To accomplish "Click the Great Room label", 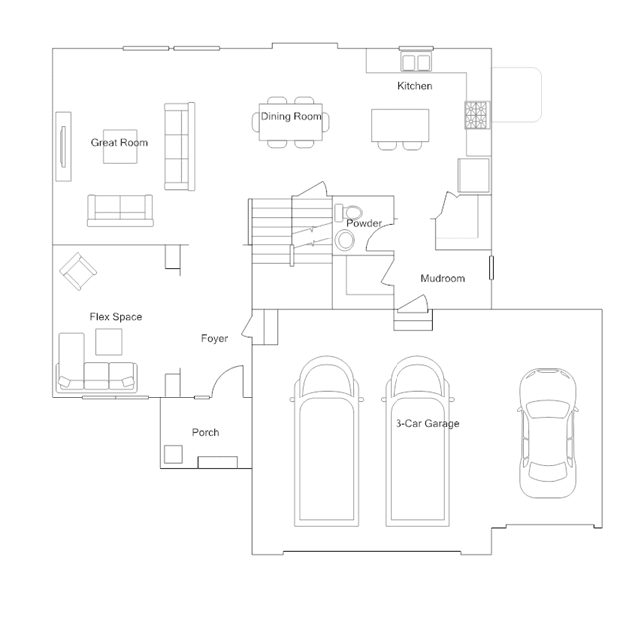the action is point(119,142).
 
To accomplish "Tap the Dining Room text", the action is point(291,116).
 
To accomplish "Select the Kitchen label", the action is point(415,86).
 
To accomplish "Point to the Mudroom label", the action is point(442,278).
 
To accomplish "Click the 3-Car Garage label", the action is point(427,423).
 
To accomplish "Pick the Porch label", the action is point(206,432).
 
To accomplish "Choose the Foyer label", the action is point(215,338).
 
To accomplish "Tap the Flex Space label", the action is point(116,317).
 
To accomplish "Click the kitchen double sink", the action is point(416,63).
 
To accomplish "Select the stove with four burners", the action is point(477,115).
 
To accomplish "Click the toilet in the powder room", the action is point(349,213).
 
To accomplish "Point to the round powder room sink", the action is point(345,240).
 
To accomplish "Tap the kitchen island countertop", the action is point(400,125).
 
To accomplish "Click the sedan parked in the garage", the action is point(548,432).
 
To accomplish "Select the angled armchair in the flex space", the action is point(79,271).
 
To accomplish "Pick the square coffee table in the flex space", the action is point(109,342).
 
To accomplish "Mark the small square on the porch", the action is point(173,454).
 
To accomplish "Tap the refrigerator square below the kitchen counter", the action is point(473,175).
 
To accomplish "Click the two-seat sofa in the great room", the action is point(120,210).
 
